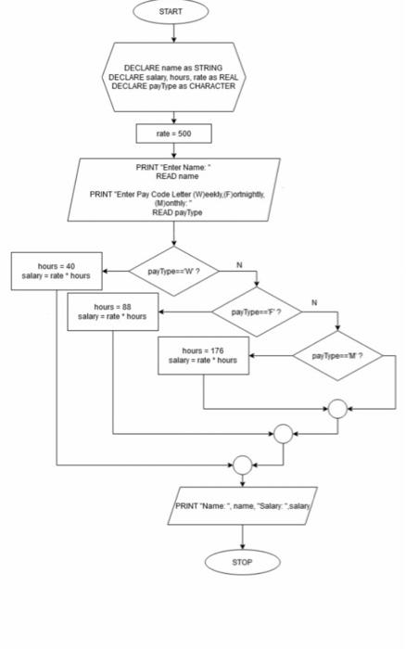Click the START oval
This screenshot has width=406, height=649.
(171, 12)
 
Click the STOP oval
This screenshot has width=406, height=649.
(242, 562)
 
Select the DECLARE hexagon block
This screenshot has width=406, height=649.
(173, 77)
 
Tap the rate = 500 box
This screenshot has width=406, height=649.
(173, 134)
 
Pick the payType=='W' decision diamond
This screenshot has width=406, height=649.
(173, 271)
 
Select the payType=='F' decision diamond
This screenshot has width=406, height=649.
(256, 312)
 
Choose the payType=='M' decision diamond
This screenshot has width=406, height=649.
(336, 356)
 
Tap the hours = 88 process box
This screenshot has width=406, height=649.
(113, 312)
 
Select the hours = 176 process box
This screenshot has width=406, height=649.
(203, 356)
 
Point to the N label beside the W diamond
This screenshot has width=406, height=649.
(239, 265)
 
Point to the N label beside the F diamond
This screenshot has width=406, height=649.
(313, 303)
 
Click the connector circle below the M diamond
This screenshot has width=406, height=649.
(337, 408)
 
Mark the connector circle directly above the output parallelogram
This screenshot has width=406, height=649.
(242, 463)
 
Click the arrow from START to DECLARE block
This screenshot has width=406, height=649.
(171, 32)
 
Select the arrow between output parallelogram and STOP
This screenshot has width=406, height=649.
(242, 537)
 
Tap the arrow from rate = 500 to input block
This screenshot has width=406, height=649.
(173, 151)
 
